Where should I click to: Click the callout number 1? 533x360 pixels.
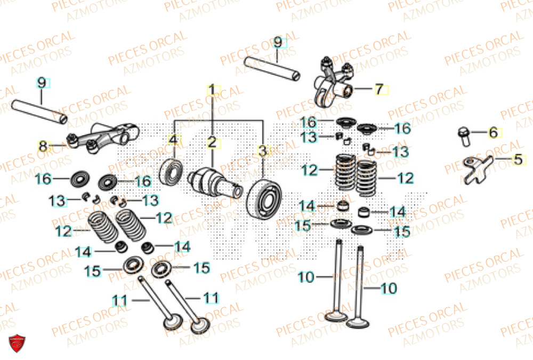coord(212,90)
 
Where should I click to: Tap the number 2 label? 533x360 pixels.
coord(212,142)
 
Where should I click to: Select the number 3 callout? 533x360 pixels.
coord(262,150)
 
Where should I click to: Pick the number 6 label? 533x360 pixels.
coord(493,132)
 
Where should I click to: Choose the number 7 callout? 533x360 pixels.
coord(379,89)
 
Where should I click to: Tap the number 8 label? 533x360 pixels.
coord(43,146)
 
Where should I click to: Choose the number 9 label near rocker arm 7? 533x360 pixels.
coord(278,42)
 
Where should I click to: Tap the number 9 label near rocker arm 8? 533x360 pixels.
coord(42,83)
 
